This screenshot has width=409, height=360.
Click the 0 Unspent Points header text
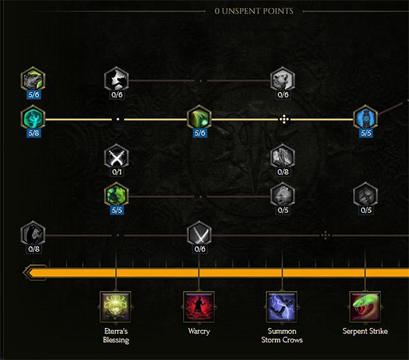coord(254,11)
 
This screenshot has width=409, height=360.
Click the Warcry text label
coord(199,331)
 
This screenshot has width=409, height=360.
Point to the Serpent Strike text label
coord(365,331)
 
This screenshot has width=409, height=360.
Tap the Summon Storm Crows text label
coord(282,335)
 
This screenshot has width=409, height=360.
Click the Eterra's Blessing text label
coord(116,335)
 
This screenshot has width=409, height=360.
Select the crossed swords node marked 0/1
coord(117,158)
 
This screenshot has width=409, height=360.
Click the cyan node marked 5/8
coord(33,119)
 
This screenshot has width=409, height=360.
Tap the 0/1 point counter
coord(117,172)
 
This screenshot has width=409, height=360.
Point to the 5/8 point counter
coord(33,133)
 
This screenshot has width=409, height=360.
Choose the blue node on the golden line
coord(365,119)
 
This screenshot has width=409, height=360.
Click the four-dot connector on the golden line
coord(283,119)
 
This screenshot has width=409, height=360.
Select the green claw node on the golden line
coord(199,119)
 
